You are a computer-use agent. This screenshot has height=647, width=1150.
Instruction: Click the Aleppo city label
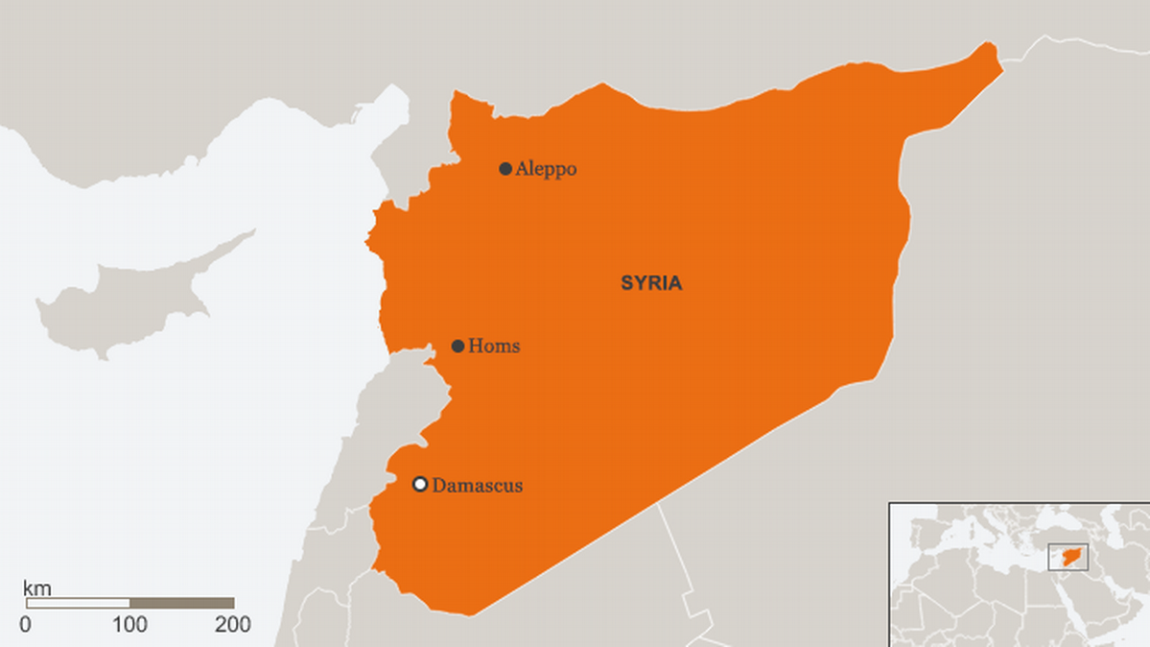(x=546, y=169)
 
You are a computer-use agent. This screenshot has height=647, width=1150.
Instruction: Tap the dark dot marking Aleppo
(x=505, y=169)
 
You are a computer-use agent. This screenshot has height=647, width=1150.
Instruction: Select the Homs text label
(x=494, y=346)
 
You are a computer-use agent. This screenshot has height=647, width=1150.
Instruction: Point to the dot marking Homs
(x=458, y=346)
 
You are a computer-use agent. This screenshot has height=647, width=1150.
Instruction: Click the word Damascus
(x=478, y=485)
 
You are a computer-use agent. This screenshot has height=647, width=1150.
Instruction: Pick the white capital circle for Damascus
(x=419, y=484)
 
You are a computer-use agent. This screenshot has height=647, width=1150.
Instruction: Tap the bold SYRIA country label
(x=651, y=283)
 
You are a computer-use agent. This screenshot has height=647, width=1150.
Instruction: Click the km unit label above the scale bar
(x=37, y=587)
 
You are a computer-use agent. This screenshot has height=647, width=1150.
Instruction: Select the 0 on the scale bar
(x=25, y=625)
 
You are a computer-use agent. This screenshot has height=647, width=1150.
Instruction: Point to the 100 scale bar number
(x=129, y=625)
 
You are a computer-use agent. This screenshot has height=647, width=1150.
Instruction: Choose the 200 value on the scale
(x=232, y=625)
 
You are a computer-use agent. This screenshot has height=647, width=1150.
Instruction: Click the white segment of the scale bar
(x=78, y=604)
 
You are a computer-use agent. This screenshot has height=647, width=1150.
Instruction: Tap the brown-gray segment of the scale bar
(x=182, y=604)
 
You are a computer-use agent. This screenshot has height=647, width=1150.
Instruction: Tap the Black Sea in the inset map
(x=1065, y=525)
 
